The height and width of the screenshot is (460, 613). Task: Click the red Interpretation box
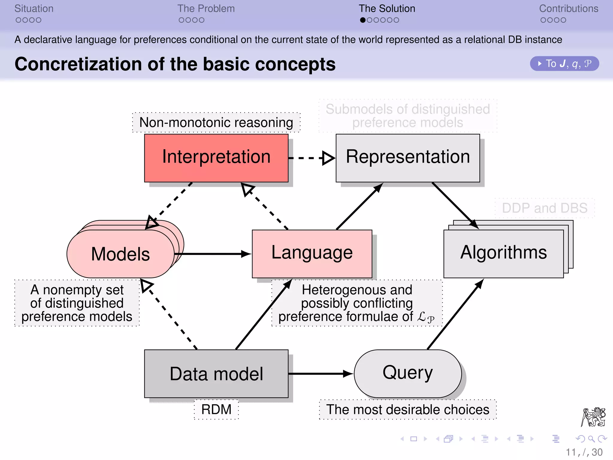point(216,158)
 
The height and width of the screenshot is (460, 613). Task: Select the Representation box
point(408,158)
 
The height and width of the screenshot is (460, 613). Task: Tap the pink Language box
point(312,253)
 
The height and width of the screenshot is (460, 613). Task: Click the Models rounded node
point(120,254)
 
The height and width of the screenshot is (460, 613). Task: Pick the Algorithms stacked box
point(503,253)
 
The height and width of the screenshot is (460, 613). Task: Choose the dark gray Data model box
point(216,373)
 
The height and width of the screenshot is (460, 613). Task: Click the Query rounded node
point(408,373)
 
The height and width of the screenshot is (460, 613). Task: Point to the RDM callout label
point(216,409)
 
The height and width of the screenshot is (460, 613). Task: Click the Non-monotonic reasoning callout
point(216,122)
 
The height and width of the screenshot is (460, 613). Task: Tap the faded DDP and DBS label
point(544,208)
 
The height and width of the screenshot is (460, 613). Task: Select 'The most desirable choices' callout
point(408,409)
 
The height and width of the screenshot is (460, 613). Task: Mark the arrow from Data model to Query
point(320,373)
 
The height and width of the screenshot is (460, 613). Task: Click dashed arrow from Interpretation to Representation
point(311,158)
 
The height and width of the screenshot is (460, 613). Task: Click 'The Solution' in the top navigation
point(387,9)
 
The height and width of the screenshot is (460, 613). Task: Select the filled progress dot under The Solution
point(363,20)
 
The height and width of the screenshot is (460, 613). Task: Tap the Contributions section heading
point(568,9)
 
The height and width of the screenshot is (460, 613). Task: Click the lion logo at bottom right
point(593,417)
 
